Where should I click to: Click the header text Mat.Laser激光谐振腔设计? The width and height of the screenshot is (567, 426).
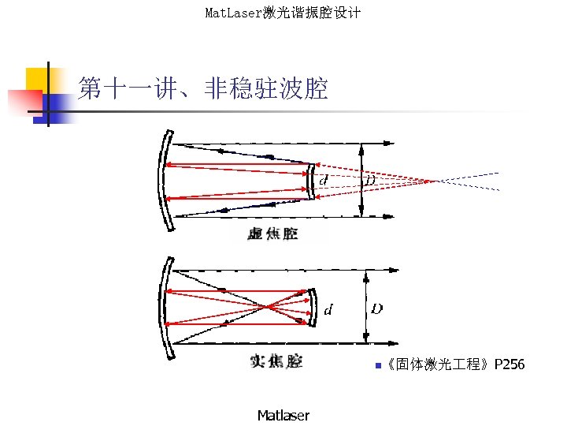pyautogui.click(x=283, y=13)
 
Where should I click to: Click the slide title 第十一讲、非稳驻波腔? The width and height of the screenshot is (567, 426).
pyautogui.click(x=202, y=89)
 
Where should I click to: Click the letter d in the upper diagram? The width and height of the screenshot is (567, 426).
pyautogui.click(x=324, y=181)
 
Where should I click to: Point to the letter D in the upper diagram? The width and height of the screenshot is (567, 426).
pyautogui.click(x=370, y=181)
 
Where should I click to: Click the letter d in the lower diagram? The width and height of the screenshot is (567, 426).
pyautogui.click(x=328, y=309)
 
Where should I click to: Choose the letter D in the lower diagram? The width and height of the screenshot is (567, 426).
pyautogui.click(x=377, y=308)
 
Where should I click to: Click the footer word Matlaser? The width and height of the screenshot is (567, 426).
pyautogui.click(x=283, y=415)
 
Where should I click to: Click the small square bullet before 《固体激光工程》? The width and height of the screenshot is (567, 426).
pyautogui.click(x=378, y=365)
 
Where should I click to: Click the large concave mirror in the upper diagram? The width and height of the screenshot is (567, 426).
pyautogui.click(x=163, y=180)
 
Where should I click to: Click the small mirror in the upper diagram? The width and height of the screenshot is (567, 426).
pyautogui.click(x=313, y=181)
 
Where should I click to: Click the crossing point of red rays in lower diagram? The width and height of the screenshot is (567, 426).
pyautogui.click(x=269, y=306)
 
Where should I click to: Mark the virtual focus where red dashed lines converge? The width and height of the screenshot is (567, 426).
pyautogui.click(x=432, y=181)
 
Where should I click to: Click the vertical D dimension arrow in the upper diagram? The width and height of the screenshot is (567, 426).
pyautogui.click(x=361, y=180)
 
